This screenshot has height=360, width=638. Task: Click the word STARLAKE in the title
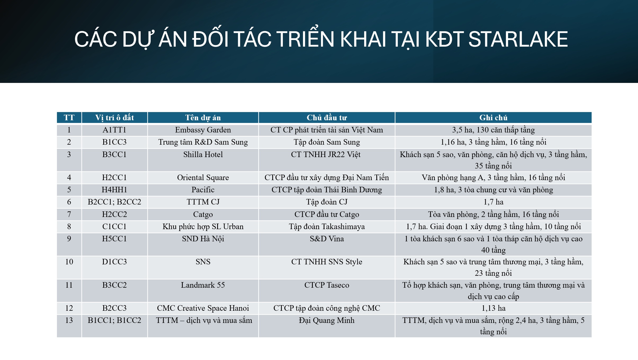pos(518,39)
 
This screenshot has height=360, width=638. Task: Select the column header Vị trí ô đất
pos(114,118)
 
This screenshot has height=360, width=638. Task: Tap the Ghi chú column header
pos(493,118)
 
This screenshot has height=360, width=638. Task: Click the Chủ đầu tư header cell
pos(327,118)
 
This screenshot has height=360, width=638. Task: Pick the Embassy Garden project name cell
pos(203,130)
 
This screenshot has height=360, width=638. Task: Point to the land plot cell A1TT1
pos(114,130)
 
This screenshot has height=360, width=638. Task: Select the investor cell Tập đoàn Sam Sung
pos(327,142)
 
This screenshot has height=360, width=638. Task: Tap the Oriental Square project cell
pos(203,177)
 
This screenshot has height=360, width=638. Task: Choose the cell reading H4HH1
pos(114,190)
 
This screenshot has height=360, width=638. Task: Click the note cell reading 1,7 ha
pos(493,202)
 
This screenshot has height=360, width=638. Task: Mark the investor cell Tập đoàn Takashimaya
pos(327,227)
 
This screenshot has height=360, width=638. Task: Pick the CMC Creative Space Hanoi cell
pos(203,308)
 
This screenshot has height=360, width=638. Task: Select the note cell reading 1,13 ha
pos(493,308)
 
